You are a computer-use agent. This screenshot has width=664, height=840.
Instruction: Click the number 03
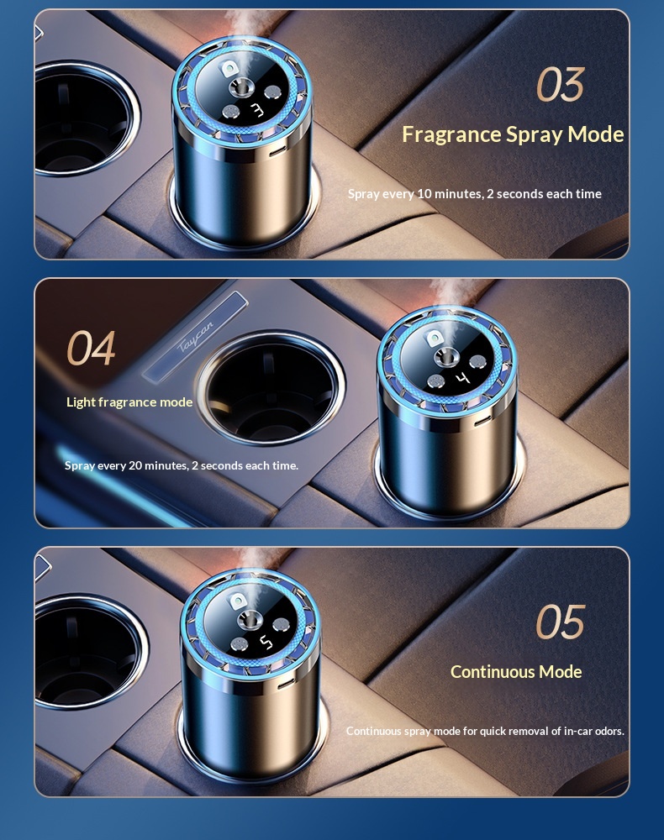561,85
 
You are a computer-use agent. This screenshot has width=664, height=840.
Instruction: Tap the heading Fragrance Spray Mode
513,134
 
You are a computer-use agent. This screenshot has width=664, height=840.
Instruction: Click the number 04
91,349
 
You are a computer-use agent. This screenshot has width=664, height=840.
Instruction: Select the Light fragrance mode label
129,402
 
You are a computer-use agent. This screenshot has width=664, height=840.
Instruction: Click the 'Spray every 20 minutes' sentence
181,465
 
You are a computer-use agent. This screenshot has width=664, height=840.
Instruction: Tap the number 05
560,622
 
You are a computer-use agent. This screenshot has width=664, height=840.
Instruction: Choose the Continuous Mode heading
516,672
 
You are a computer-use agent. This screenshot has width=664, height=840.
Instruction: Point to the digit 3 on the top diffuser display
256,110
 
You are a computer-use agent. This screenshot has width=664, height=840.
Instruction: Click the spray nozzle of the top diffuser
241,88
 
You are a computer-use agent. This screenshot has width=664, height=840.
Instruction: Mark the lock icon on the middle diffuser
435,338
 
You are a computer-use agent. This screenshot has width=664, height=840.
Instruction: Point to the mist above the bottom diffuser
244,564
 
